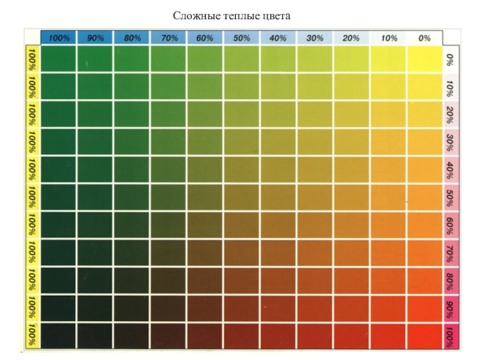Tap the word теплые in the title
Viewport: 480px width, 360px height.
pos(236,16)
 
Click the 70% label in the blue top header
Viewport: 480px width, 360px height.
pos(169,38)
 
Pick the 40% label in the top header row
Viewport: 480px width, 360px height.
pos(278,38)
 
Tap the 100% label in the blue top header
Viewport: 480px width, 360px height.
pos(59,38)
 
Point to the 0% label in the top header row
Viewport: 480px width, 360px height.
pos(424,38)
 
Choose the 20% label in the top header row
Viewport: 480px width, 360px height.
pos(351,38)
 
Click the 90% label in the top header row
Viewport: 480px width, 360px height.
pos(95,38)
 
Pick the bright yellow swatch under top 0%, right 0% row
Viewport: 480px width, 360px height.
pos(424,59)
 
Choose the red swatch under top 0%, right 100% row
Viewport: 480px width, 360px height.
pos(424,335)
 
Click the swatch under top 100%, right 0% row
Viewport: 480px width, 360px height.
pos(59,59)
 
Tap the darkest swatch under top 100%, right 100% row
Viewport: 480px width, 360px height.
pos(59,335)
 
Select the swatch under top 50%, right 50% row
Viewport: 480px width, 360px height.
pos(241,197)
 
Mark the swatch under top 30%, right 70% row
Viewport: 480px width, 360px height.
pos(314,253)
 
